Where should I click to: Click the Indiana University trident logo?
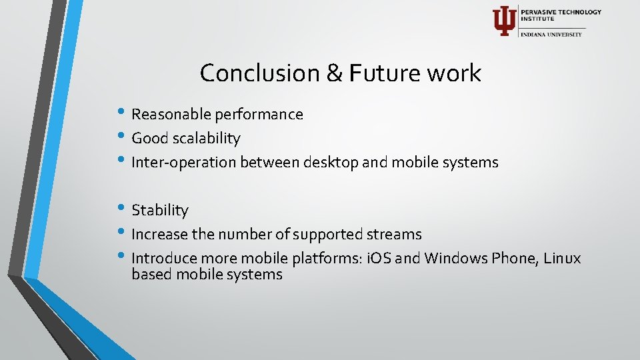pos(504,21)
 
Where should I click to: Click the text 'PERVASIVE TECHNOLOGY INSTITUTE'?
pos(561,15)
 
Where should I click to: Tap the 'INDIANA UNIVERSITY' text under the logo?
pos(551,34)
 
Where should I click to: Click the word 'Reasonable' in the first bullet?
pos(171,115)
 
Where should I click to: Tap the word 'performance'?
pos(259,115)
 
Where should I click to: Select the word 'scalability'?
pos(207,139)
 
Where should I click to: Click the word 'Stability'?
pos(160,211)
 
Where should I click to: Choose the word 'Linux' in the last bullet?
pos(561,258)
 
